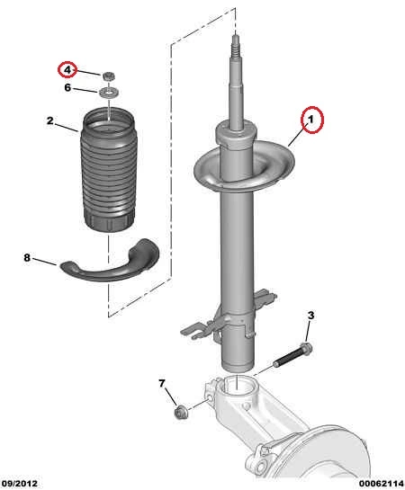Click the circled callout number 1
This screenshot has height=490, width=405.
[310, 119]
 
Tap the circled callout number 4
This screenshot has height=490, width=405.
[67, 70]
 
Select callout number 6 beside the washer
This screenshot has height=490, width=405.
[67, 88]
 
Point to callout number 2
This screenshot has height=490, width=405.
[50, 120]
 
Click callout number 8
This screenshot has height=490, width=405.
[27, 257]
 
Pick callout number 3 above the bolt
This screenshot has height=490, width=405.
[310, 316]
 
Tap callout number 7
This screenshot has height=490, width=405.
[162, 383]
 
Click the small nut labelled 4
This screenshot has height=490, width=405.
[109, 76]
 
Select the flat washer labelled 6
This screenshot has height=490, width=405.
[109, 93]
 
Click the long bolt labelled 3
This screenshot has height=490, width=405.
[293, 354]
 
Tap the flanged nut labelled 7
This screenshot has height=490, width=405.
[180, 413]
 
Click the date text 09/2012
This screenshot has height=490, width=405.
[19, 484]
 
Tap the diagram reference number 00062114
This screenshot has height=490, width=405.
[382, 484]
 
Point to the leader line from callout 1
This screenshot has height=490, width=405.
[298, 135]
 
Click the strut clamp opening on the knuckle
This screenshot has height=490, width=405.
[238, 386]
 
